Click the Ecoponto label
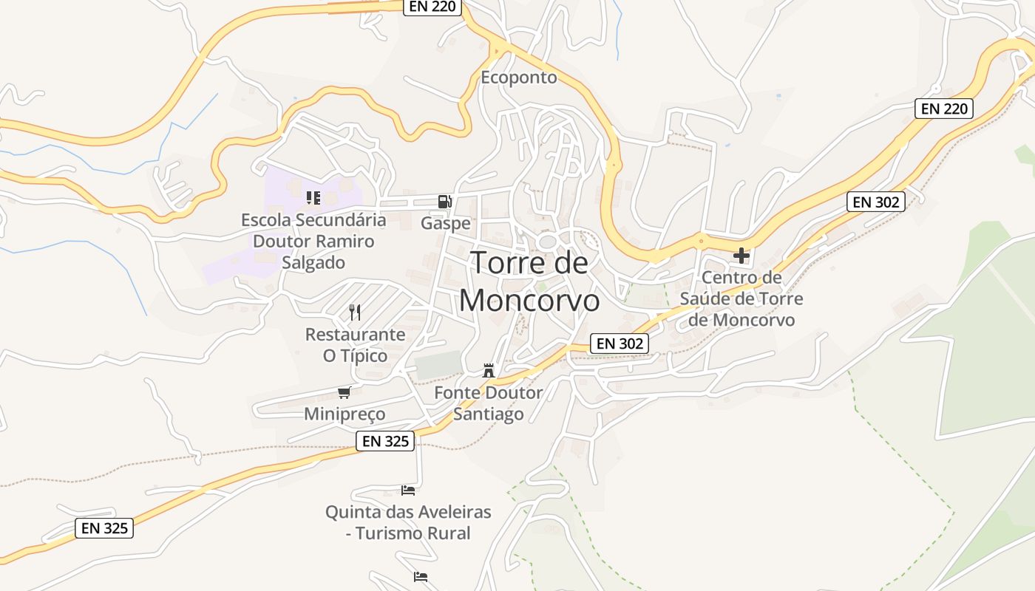tap(518, 78)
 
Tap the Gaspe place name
tap(445, 223)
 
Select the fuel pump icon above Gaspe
tap(444, 201)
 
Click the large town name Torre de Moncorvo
tap(529, 281)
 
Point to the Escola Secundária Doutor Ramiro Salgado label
tap(313, 241)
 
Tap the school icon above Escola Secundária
tap(313, 198)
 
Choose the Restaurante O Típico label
tap(355, 345)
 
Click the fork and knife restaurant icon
tap(355, 312)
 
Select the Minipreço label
tap(345, 414)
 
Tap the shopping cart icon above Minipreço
tap(344, 392)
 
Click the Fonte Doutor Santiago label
tap(488, 403)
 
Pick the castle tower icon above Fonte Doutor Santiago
tap(488, 370)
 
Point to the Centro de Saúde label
tap(741, 298)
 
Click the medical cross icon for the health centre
tap(741, 256)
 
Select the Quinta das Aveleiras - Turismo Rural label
tap(408, 522)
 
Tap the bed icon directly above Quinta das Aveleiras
tap(408, 490)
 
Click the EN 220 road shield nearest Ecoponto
tap(432, 7)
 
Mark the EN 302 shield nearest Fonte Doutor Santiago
tap(620, 343)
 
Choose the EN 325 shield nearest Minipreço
tap(385, 441)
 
